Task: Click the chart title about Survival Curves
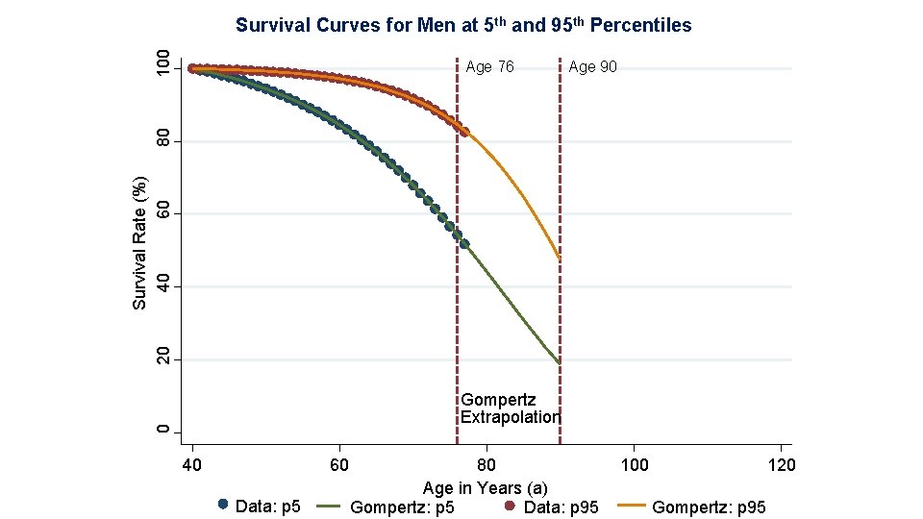[463, 25]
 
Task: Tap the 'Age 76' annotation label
[489, 67]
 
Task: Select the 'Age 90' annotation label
[593, 67]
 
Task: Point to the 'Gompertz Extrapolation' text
[510, 408]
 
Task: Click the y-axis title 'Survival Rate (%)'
[139, 243]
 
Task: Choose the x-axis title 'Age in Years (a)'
[485, 488]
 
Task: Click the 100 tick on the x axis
[634, 465]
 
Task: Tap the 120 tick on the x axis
[781, 465]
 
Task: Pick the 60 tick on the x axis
[339, 465]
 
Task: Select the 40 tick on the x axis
[192, 465]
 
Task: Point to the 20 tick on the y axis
[163, 358]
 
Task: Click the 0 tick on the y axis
[163, 432]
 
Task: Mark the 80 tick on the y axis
[163, 141]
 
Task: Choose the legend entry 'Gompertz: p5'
[386, 507]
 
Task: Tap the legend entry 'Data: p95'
[552, 507]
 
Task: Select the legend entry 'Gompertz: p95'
[691, 507]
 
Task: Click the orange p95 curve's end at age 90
[560, 259]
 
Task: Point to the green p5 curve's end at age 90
[560, 363]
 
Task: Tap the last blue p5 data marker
[464, 243]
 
